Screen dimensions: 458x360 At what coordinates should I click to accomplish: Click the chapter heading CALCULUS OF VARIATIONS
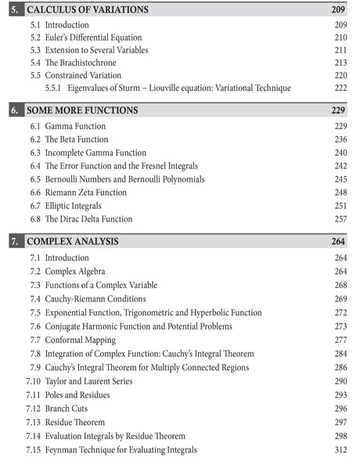[x=87, y=9]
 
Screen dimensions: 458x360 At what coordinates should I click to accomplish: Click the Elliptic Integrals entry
[x=77, y=206]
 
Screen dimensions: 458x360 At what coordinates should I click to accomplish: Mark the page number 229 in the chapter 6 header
[x=338, y=110]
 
